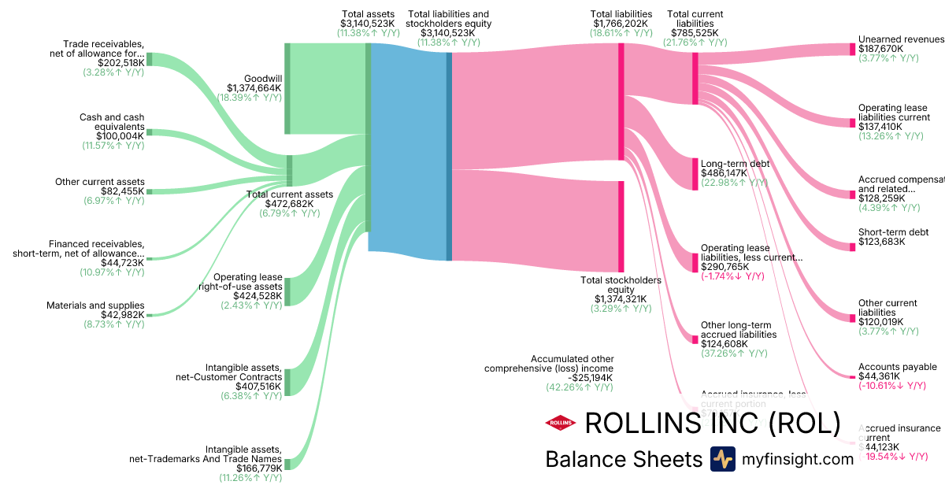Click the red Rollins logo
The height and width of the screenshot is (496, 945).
pyautogui.click(x=560, y=424)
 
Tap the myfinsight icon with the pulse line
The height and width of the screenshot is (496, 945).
pyautogui.click(x=722, y=459)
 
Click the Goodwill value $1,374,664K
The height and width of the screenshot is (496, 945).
pyautogui.click(x=254, y=88)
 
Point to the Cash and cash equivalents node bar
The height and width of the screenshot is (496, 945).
pyautogui.click(x=150, y=132)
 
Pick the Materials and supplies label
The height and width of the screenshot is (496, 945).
pyautogui.click(x=95, y=305)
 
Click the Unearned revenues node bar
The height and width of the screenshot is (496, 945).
pyautogui.click(x=852, y=49)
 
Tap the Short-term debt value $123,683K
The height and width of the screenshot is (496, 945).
pyautogui.click(x=882, y=242)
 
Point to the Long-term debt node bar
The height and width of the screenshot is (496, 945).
pyautogui.click(x=695, y=173)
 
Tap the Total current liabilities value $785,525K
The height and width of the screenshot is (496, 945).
pyautogui.click(x=694, y=33)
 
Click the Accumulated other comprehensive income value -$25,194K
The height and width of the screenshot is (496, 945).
pyautogui.click(x=580, y=378)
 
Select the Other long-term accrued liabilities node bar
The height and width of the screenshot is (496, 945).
pyautogui.click(x=695, y=339)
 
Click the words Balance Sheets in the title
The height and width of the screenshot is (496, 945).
pyautogui.click(x=623, y=459)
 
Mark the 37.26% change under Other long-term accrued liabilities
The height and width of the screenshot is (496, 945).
pyautogui.click(x=734, y=353)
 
